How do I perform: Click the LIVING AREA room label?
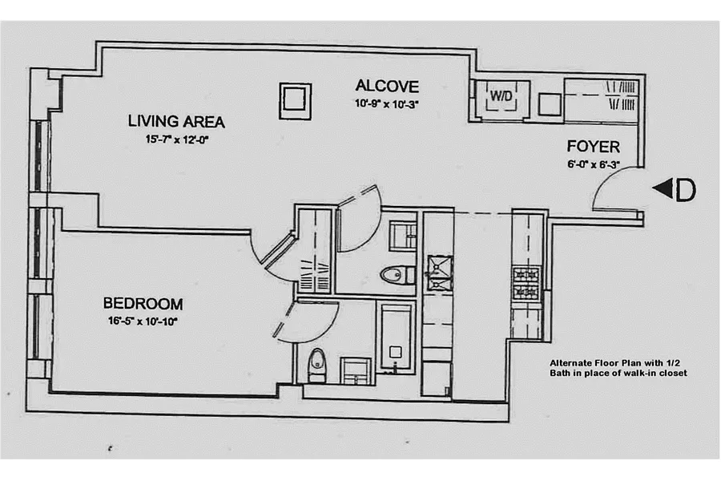(x=176, y=122)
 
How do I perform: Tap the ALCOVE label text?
(x=387, y=86)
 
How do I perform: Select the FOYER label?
(x=593, y=147)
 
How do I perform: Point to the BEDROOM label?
(x=143, y=304)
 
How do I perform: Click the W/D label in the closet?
(x=501, y=96)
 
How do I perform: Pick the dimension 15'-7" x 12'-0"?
(x=178, y=139)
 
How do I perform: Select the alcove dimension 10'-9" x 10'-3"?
(x=386, y=104)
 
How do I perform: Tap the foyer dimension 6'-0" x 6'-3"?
(x=594, y=164)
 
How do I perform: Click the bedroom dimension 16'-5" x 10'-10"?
(x=143, y=321)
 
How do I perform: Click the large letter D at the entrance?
(x=685, y=190)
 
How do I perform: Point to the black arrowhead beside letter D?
(x=663, y=188)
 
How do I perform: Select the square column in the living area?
(x=295, y=101)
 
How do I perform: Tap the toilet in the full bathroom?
(x=316, y=366)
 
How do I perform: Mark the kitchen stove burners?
(x=526, y=283)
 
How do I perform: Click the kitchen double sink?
(x=439, y=273)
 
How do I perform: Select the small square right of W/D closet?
(x=550, y=104)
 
